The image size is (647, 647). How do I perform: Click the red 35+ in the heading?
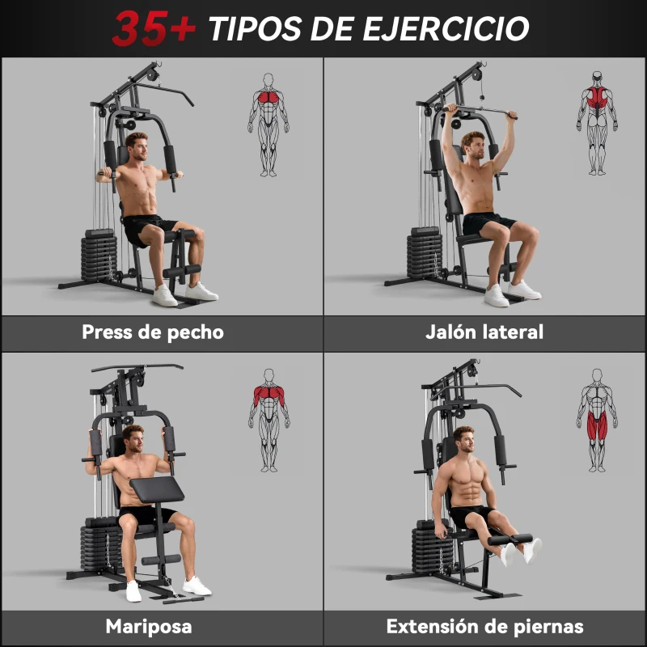pyautogui.click(x=154, y=28)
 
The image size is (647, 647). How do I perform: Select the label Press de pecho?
pyautogui.click(x=153, y=332)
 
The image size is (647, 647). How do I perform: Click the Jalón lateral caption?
pyautogui.click(x=484, y=332)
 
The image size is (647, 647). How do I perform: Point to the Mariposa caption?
pyautogui.click(x=149, y=626)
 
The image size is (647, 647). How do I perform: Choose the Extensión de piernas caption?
pyautogui.click(x=484, y=626)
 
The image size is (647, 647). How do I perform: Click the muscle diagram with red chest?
pyautogui.click(x=268, y=125)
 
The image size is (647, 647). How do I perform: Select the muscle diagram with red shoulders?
pyautogui.click(x=269, y=421)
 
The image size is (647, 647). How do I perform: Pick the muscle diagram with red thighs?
pyautogui.click(x=597, y=421)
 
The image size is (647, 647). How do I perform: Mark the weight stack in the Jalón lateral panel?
pyautogui.click(x=425, y=255)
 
